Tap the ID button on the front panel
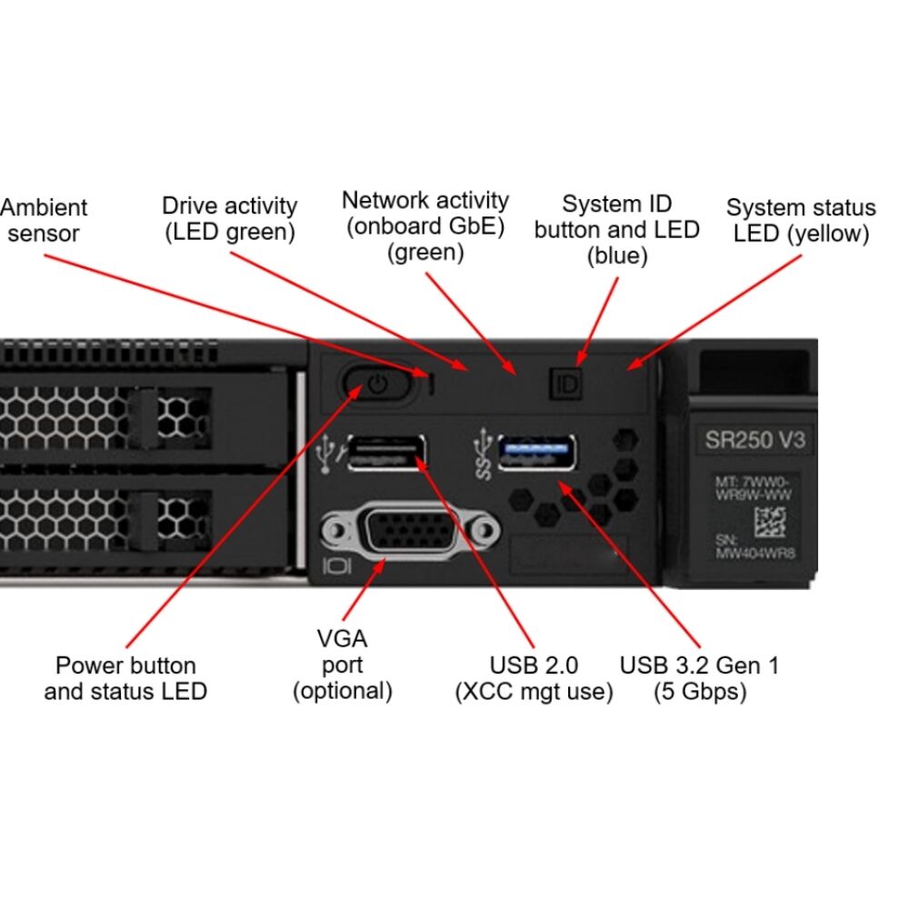(x=565, y=384)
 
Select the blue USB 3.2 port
(x=536, y=451)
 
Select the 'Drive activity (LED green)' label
(x=229, y=218)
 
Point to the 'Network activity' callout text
(x=425, y=225)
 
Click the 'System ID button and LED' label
(x=616, y=229)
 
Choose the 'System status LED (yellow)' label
(x=801, y=221)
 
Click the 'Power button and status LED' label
(x=125, y=678)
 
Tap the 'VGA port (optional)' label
(x=342, y=664)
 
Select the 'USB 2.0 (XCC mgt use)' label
(x=534, y=678)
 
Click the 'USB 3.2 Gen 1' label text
(x=699, y=664)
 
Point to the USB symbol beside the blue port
(x=483, y=454)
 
